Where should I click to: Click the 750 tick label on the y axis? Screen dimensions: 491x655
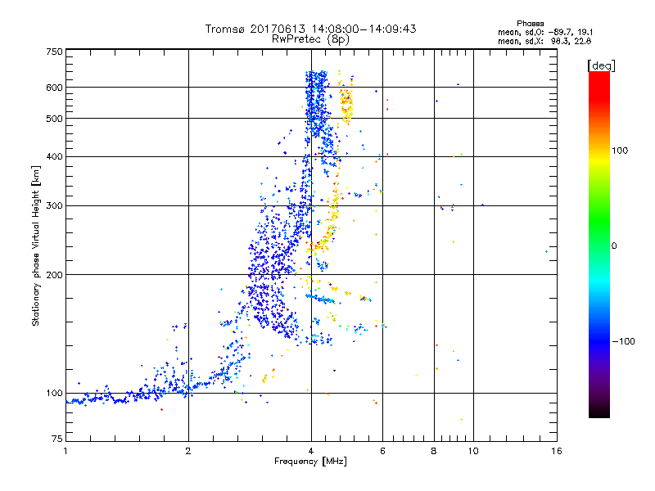click(55, 52)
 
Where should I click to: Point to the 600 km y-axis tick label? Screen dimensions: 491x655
click(55, 87)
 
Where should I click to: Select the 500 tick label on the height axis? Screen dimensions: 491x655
click(55, 119)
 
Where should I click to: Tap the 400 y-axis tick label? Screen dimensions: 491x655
click(55, 156)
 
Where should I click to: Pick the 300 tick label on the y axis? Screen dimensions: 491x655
click(55, 205)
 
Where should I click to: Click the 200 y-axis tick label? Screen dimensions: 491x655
click(55, 275)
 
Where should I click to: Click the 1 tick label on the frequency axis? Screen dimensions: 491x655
click(65, 451)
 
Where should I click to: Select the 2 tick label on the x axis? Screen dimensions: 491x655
click(188, 451)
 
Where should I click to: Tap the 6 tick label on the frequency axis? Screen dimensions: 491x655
click(382, 451)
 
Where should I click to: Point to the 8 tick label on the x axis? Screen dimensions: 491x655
click(434, 451)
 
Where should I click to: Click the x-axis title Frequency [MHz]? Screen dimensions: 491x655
click(310, 462)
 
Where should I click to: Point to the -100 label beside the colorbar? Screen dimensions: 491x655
click(625, 340)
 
